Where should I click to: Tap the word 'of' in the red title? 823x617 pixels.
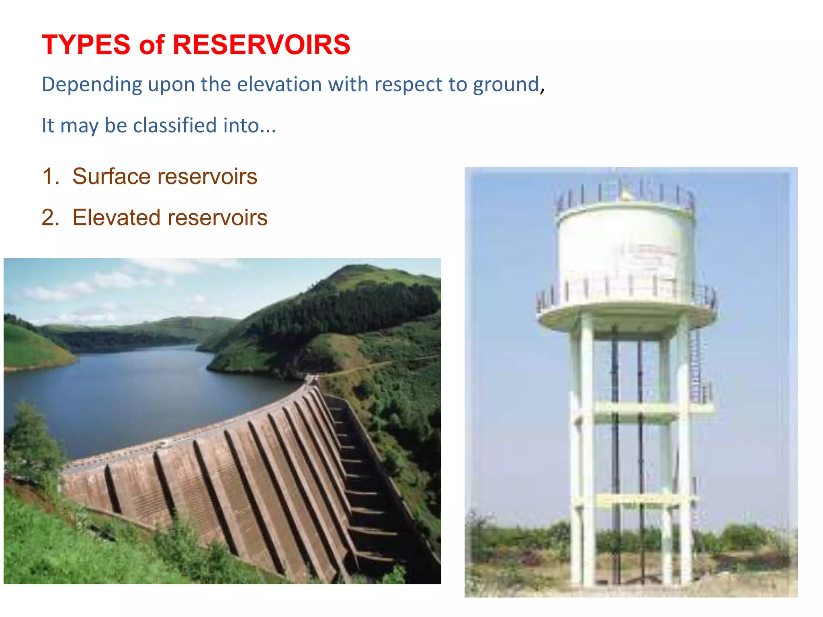(x=151, y=45)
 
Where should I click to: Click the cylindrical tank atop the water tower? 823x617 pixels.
(x=625, y=245)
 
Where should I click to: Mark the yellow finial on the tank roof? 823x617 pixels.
(x=625, y=196)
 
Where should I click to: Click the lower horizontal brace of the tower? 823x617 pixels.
(x=635, y=500)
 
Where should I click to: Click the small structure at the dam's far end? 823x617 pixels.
(x=311, y=379)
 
